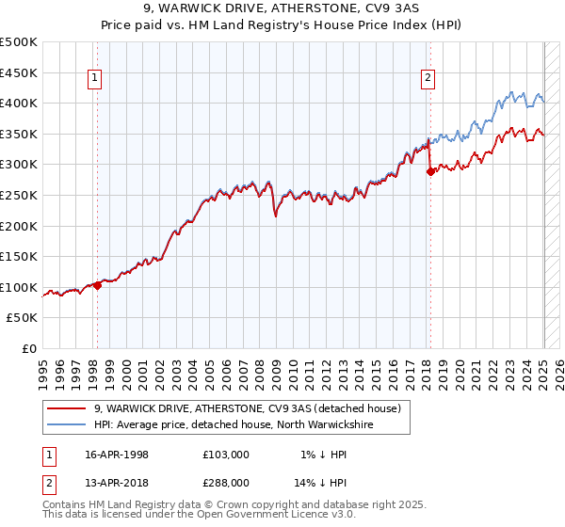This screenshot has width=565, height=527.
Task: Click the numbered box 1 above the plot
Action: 96,79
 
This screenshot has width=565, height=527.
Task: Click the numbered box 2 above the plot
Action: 428,79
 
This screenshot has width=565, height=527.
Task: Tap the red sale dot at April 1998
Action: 97,285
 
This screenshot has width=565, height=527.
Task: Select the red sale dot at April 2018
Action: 430,171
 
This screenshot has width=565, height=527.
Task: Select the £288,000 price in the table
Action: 226,482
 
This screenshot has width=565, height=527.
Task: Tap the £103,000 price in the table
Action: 226,455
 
